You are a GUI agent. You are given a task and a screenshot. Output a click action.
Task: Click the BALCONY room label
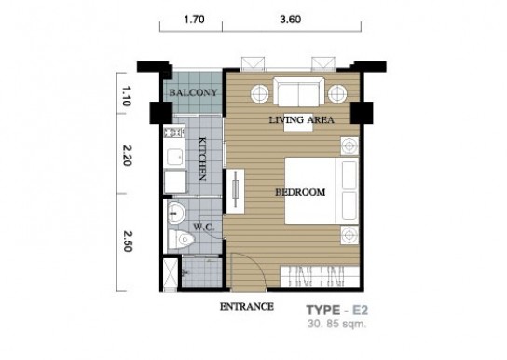[x=193, y=93]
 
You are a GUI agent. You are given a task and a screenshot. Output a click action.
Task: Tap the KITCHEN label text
[x=202, y=159]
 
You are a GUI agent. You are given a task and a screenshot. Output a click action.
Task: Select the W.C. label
[x=204, y=227]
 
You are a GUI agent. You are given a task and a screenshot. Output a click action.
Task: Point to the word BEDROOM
[x=300, y=192]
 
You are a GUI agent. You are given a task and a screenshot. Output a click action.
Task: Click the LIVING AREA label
[x=301, y=120]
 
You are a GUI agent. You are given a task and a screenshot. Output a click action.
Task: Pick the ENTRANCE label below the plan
[x=247, y=306]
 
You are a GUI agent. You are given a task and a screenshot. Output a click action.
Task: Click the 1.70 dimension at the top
[x=194, y=20]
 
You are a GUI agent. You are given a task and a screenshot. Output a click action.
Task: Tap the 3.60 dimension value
[x=291, y=20]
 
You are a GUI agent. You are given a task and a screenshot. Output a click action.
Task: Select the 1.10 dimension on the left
[x=127, y=96]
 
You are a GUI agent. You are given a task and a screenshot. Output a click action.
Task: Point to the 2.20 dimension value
[x=128, y=156]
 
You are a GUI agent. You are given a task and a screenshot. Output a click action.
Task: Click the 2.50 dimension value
[x=128, y=242]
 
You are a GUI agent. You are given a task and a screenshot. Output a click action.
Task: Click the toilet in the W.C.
[x=181, y=240]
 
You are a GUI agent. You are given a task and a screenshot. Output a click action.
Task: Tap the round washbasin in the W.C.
[x=176, y=214]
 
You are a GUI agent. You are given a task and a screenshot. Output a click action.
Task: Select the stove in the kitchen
[x=174, y=132]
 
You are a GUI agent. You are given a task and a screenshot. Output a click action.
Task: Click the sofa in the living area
[x=299, y=91]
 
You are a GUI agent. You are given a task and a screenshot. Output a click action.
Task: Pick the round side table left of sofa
[x=260, y=94]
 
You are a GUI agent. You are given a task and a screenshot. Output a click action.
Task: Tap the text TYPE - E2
[x=337, y=311]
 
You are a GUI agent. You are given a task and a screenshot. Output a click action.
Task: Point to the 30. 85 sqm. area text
[x=337, y=324]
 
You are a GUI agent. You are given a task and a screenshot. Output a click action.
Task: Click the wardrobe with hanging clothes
[x=320, y=277]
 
